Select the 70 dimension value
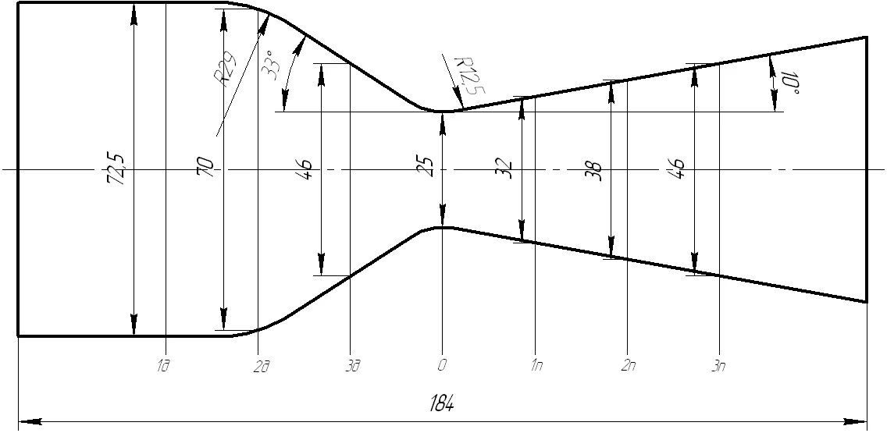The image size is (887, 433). (x=208, y=167)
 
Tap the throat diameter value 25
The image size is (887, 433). (x=428, y=167)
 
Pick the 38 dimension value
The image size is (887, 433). (x=596, y=171)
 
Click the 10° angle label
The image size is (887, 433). (x=790, y=82)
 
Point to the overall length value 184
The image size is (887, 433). (x=442, y=404)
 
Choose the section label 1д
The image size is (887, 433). (x=162, y=366)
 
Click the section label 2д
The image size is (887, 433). (x=262, y=366)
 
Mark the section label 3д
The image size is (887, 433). (x=351, y=366)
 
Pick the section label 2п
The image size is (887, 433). (x=627, y=366)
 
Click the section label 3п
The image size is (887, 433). (x=718, y=366)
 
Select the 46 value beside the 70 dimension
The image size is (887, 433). (x=305, y=168)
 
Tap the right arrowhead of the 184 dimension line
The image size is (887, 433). (x=862, y=422)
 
